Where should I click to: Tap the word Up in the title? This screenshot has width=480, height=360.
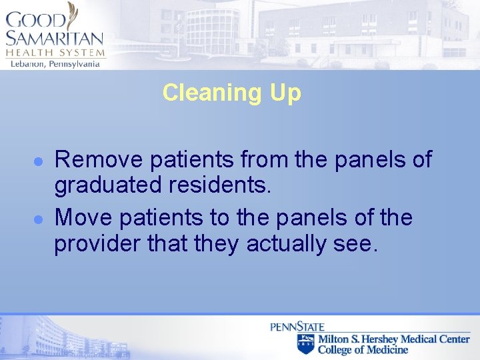click(285, 93)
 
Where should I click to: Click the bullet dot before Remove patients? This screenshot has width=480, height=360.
click(39, 161)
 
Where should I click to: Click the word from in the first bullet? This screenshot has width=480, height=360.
click(263, 160)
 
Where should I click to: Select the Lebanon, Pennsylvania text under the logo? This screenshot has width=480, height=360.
click(55, 63)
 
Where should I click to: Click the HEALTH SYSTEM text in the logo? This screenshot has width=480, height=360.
click(55, 52)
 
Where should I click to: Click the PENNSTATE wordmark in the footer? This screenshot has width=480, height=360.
click(297, 327)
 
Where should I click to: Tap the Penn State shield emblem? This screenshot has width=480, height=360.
click(305, 343)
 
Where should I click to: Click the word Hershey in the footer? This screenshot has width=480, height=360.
click(381, 339)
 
